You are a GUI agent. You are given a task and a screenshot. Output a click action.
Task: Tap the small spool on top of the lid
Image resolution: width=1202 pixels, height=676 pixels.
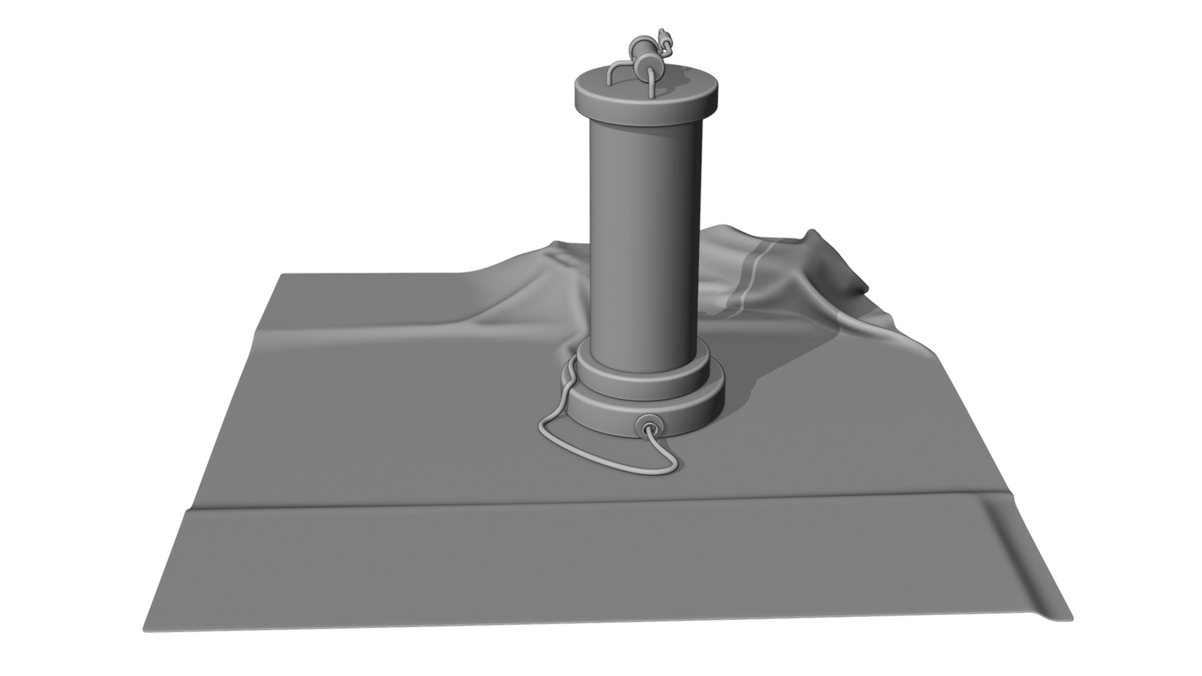(x=645, y=64)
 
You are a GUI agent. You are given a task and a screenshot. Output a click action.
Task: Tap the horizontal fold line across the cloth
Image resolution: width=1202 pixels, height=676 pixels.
(x=563, y=504)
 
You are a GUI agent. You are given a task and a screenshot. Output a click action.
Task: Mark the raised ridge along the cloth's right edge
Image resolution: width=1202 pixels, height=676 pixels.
(x=1027, y=563)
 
